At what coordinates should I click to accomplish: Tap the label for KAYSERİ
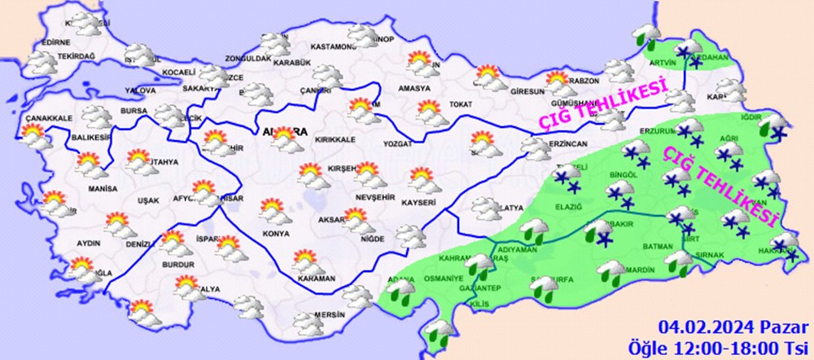coord(422,201)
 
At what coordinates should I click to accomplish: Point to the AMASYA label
coord(415,88)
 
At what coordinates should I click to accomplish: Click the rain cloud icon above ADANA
coord(400,291)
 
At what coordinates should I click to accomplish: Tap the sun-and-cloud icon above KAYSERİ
coord(422,178)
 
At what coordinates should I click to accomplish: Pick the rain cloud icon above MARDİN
coord(612,272)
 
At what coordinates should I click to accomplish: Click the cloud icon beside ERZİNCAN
coord(535,147)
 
